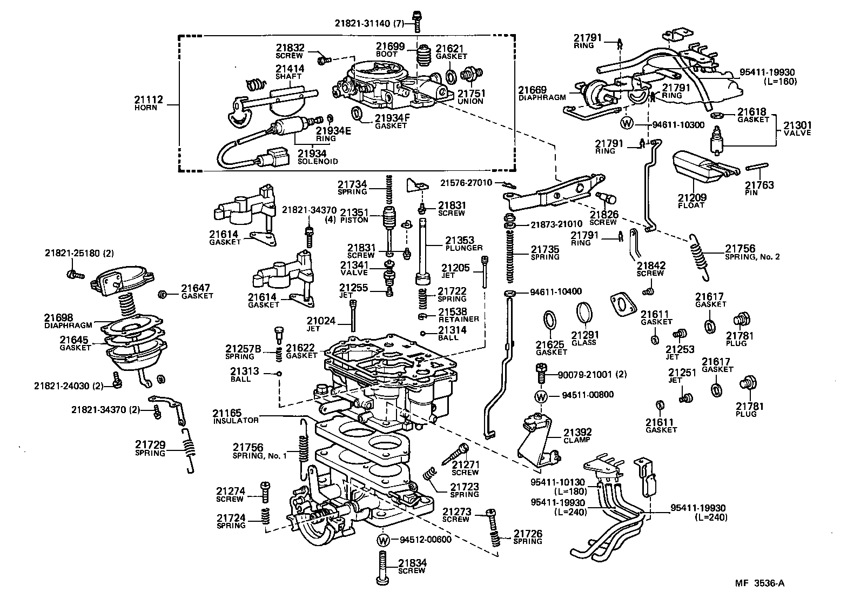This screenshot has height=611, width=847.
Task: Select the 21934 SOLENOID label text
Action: click(x=318, y=157)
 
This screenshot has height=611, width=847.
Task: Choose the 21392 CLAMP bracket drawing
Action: click(x=537, y=440)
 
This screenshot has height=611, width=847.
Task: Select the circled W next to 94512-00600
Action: click(x=383, y=540)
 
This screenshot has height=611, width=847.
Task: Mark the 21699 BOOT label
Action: click(x=390, y=50)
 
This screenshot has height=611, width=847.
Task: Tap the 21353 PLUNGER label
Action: click(x=460, y=244)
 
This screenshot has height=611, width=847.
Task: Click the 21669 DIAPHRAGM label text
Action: click(x=542, y=94)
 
